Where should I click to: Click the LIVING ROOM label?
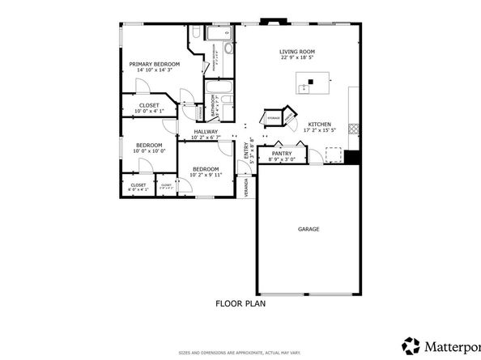point(296,51)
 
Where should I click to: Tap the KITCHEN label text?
point(317,124)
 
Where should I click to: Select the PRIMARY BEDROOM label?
point(154,63)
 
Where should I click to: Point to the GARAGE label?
point(308,229)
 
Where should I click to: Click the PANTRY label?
point(282,153)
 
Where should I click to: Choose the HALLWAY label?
point(205,131)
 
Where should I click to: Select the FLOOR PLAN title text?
point(240,304)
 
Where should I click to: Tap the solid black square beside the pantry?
point(351,155)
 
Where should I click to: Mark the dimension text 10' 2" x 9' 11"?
point(205,175)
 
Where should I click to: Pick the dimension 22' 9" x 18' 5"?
point(296,57)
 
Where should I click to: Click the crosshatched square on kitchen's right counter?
point(351,128)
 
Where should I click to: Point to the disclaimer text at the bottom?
point(240,354)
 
